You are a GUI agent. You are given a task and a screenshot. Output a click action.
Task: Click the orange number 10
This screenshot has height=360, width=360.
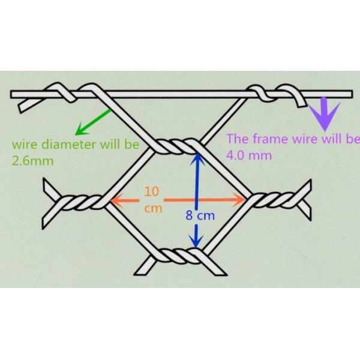(152, 192)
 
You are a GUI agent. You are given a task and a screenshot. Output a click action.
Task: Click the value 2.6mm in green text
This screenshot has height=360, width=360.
(30, 161)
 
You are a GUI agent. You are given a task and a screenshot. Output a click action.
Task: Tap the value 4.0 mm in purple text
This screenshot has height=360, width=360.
(244, 155)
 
